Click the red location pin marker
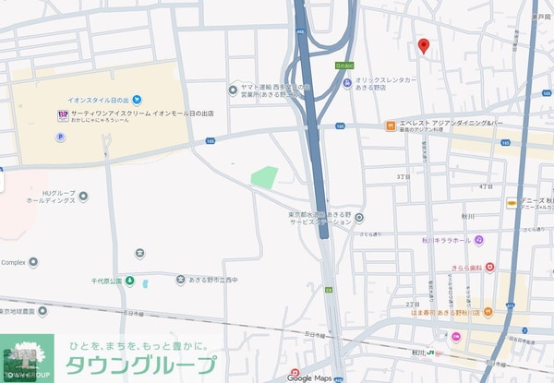point(424,47)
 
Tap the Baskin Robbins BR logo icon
point(63,114)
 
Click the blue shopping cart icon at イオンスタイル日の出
point(136,99)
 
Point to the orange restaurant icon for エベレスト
point(391,124)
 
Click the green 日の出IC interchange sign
point(343,66)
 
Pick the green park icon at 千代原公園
point(130,280)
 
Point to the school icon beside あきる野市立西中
point(140,253)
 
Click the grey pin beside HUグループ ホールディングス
point(83,196)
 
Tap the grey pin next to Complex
point(34,262)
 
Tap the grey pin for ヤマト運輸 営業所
point(233,90)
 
